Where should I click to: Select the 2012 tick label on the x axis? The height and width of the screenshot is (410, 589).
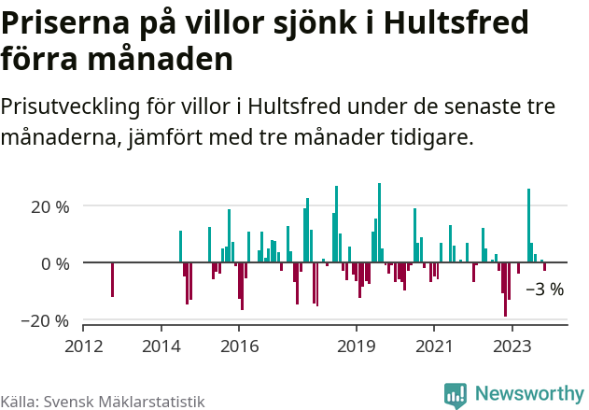[83, 346]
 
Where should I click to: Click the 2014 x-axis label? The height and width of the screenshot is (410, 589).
[161, 346]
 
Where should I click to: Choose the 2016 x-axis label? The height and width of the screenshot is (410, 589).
[239, 346]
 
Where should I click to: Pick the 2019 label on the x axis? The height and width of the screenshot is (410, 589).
[356, 346]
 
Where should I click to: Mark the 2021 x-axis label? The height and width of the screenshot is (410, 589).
[433, 346]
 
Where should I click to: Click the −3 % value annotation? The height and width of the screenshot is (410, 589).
[545, 290]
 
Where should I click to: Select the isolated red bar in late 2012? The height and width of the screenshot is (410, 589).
[112, 280]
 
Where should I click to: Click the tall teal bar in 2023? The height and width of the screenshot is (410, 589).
[528, 226]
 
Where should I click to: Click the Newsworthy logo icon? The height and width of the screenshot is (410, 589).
[455, 395]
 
